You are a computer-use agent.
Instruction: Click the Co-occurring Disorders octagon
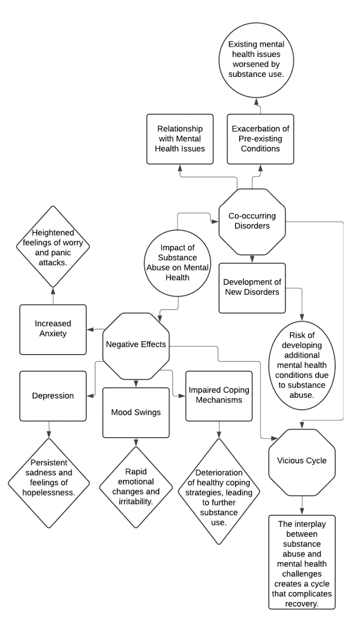pos(252,220)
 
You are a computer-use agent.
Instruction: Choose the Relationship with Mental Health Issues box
pos(180,139)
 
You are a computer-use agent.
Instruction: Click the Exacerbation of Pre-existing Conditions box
pos(260,139)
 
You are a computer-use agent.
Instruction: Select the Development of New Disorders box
pos(252,288)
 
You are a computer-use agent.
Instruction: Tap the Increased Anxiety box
pos(53,329)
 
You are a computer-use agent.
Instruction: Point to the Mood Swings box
pos(135,412)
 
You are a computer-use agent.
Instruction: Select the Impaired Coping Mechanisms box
pos(219,395)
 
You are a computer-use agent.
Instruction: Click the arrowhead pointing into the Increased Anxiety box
pos(90,329)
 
